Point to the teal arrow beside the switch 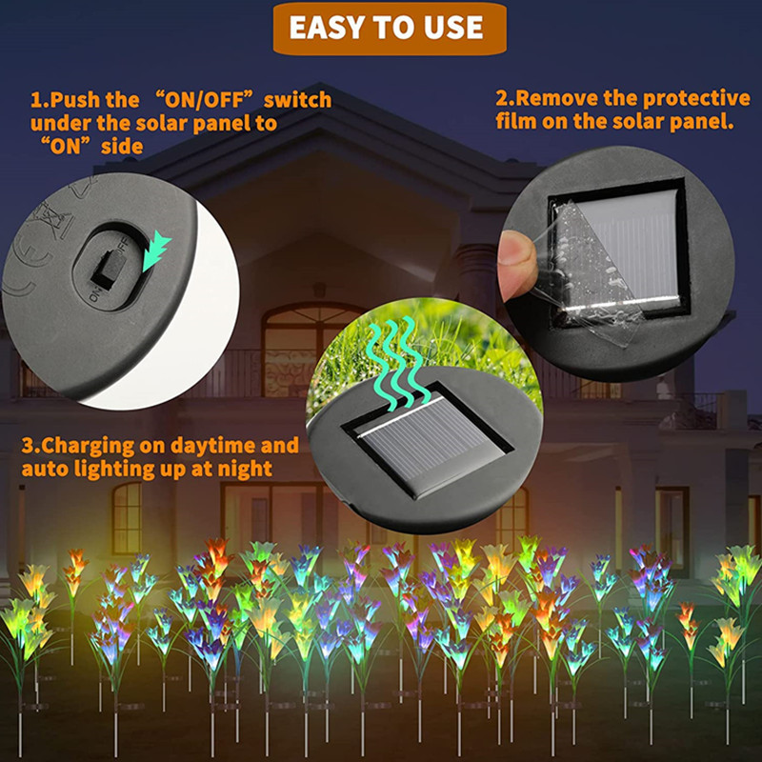point(156,251)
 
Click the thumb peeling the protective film point(516,265)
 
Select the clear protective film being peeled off point(591,272)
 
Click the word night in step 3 point(245,470)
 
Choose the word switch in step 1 point(297,100)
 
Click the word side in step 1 point(122,147)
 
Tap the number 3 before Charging point(28,446)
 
